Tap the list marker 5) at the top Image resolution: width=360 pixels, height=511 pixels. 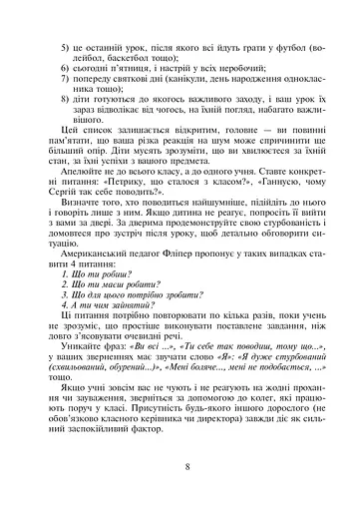[x=65, y=49]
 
